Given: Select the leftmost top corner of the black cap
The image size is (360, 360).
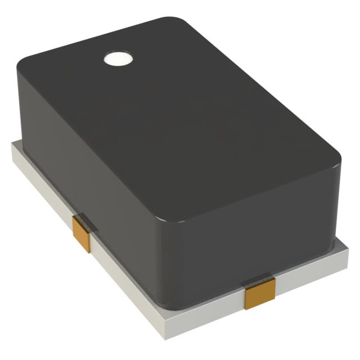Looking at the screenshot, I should (x=22, y=62).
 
